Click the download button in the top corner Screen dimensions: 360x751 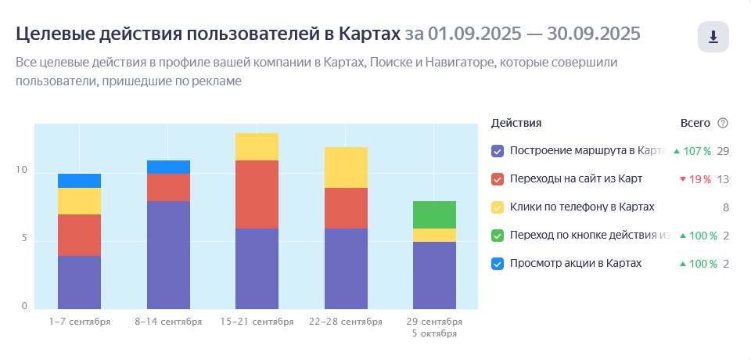coord(713,38)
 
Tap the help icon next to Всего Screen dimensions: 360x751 coord(723,123)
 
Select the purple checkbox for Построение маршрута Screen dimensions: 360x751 coord(498,151)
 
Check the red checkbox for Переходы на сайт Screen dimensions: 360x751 coord(498,179)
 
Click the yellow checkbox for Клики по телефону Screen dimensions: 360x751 coord(498,207)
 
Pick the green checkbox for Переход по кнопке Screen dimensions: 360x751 coord(498,236)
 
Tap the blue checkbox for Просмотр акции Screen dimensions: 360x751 coord(498,264)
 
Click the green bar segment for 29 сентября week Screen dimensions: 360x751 coord(434,214)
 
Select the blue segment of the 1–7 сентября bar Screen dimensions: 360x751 coord(79,181)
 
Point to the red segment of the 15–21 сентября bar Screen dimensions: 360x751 coord(257,194)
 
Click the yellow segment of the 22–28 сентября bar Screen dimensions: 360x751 coord(346,167)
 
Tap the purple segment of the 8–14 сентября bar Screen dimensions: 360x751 coord(168,254)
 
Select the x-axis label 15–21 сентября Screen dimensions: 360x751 coord(257,322)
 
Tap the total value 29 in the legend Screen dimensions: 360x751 coord(723,151)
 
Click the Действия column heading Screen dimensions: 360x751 coord(516,123)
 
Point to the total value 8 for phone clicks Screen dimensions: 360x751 coord(726,207)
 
